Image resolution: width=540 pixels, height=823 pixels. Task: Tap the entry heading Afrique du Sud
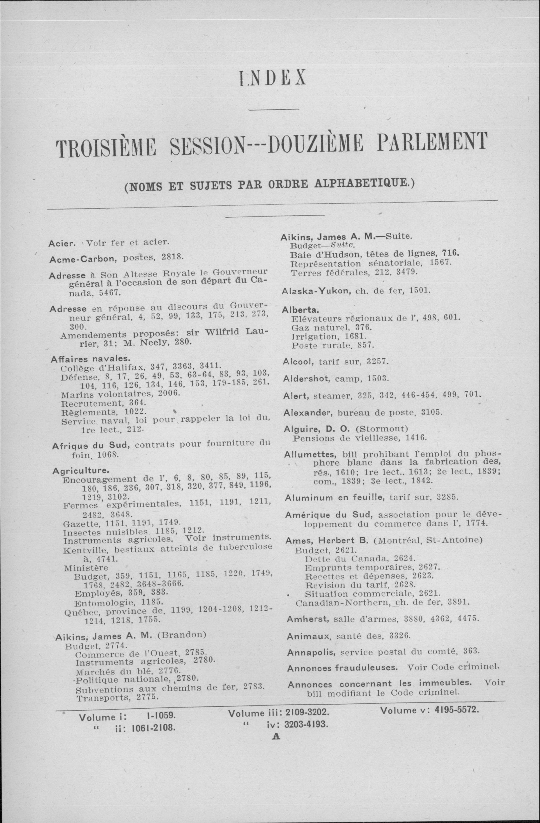[x=91, y=445]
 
